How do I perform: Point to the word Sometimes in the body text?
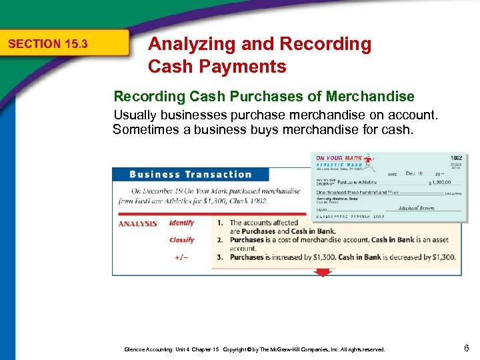coord(151,129)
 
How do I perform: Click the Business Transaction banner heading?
coord(191,175)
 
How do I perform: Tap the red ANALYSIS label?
coord(137,223)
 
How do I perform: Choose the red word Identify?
coord(181,223)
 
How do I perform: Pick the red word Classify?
coord(181,240)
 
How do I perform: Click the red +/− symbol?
coord(181,257)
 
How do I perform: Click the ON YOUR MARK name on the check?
coord(339,159)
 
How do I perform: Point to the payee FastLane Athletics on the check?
coord(357,182)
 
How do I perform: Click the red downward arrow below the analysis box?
coord(323,273)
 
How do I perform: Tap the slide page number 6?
coord(467,348)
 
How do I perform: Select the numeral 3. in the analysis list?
coord(221,257)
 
